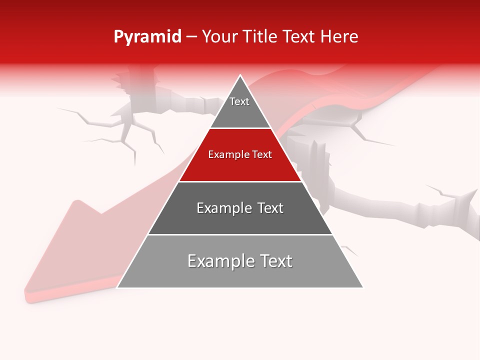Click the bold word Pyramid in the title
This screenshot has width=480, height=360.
[x=147, y=37]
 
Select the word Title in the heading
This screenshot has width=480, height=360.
[x=260, y=37]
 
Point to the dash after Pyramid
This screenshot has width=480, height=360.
[x=191, y=37]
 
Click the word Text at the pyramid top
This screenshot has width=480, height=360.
[x=239, y=101]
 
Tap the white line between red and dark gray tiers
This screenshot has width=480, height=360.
[x=240, y=181]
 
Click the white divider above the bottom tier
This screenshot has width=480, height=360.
[x=240, y=234]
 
